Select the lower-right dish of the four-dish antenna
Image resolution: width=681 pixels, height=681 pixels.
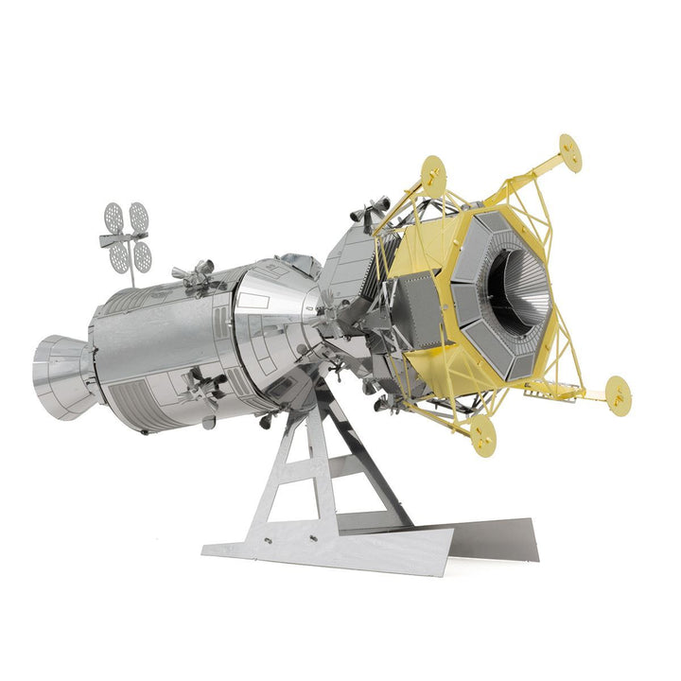point(143,256)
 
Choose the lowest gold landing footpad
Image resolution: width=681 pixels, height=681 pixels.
point(482,433)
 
